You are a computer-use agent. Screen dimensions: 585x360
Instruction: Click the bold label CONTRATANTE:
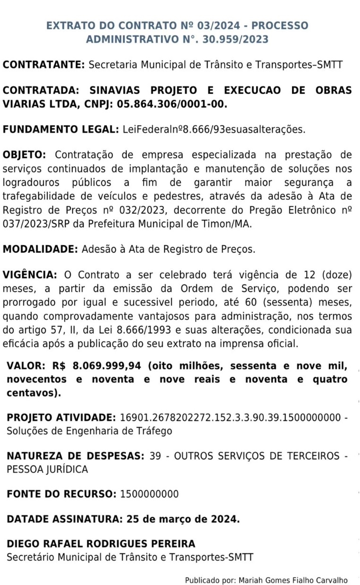pos(44,65)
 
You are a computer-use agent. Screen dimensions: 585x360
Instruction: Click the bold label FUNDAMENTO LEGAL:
pos(60,129)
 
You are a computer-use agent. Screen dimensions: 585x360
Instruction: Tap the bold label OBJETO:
pos(25,155)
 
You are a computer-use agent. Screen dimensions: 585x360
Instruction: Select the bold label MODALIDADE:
pos(41,249)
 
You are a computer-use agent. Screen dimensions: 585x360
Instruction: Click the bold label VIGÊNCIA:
pos(30,275)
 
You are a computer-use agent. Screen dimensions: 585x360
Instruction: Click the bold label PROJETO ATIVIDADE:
pos(61,418)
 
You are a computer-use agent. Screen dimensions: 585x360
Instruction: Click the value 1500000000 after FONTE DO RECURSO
pos(149,494)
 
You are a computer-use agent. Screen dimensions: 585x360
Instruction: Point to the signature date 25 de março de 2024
pos(183,519)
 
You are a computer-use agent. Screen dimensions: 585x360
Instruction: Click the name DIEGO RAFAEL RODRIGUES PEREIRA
pos(101,544)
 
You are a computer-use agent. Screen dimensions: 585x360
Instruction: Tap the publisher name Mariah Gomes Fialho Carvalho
pos(293,580)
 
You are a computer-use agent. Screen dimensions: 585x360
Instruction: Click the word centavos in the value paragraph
pos(30,392)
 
